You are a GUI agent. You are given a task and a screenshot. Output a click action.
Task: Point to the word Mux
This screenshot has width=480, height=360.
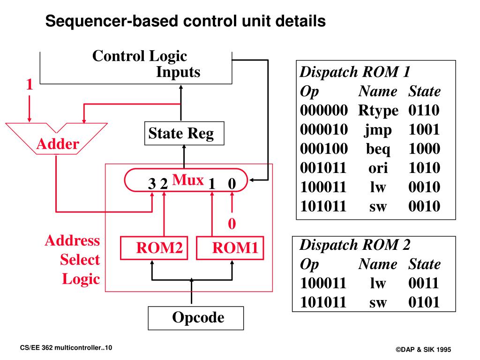(188, 180)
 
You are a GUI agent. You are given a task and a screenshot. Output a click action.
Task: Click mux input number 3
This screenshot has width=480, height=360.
(152, 184)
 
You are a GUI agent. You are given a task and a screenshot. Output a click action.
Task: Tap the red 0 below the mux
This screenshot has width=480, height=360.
(232, 224)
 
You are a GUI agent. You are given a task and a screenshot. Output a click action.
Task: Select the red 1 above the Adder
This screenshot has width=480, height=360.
(30, 84)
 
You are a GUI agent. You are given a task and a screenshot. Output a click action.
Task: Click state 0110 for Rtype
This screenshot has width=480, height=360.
(424, 110)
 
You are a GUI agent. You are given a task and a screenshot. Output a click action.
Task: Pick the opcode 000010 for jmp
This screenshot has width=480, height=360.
(324, 129)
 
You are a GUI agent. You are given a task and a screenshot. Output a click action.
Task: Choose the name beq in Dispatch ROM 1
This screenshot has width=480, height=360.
(378, 149)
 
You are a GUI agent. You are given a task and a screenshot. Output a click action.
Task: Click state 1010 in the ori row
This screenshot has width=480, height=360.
(424, 168)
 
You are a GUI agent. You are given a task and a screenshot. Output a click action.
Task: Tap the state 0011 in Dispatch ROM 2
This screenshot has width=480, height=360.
(424, 283)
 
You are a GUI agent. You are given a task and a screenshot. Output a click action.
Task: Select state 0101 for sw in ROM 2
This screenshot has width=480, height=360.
(424, 302)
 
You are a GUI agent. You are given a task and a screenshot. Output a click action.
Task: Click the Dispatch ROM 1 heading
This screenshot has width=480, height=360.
(355, 72)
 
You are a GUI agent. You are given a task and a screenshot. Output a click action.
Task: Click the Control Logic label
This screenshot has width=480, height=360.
(140, 56)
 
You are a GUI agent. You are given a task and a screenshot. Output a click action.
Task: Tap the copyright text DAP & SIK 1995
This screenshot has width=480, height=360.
(423, 349)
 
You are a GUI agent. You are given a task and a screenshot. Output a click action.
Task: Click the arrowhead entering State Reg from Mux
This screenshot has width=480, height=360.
(184, 147)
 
